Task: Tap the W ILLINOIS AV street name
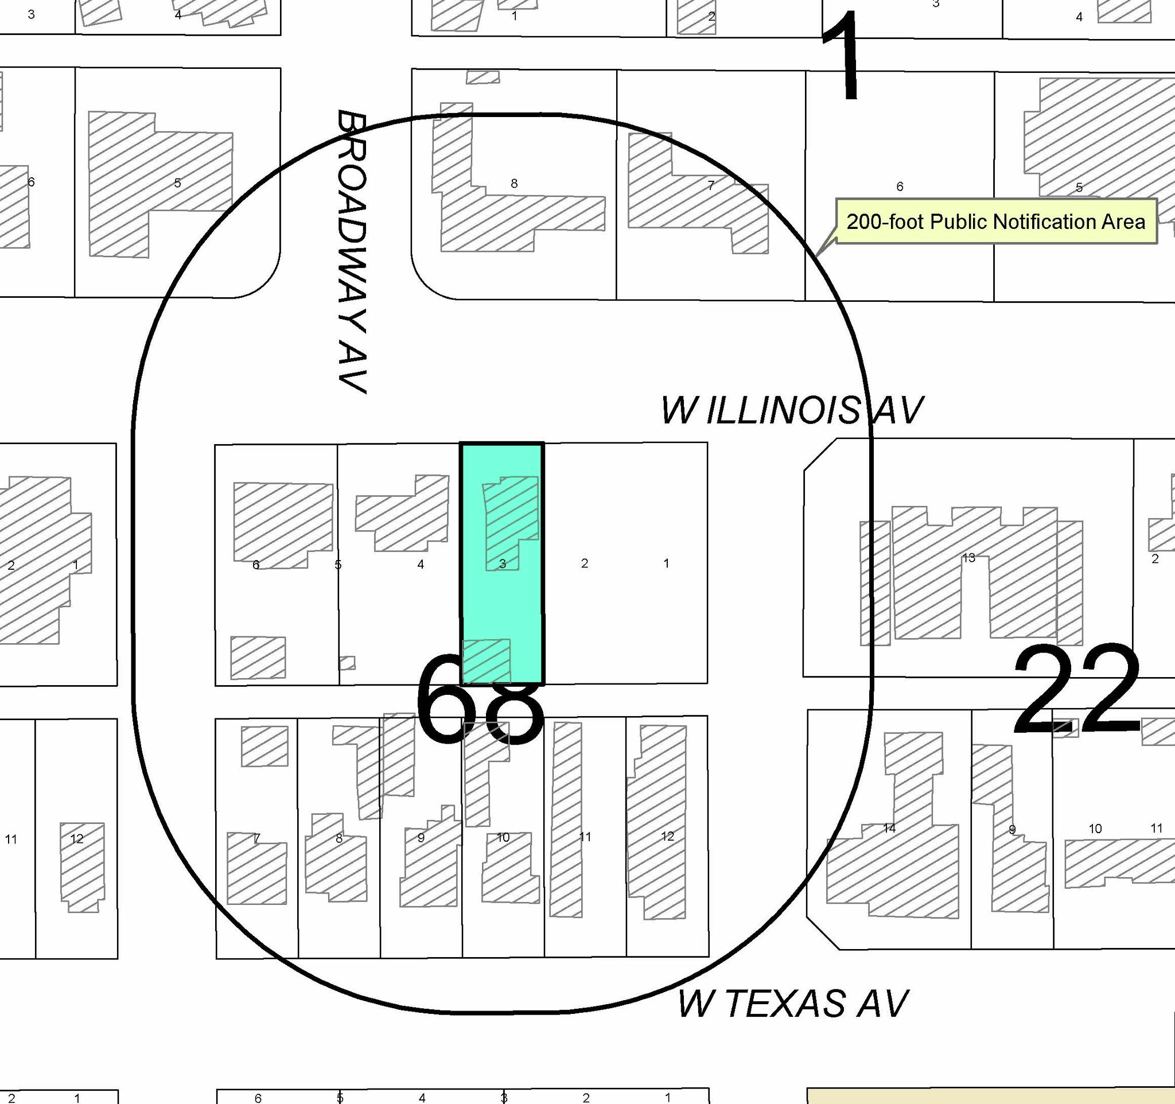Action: (x=791, y=410)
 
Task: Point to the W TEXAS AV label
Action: (x=792, y=1003)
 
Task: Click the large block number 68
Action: (x=480, y=699)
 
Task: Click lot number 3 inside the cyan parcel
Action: (x=503, y=564)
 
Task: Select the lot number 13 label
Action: (x=968, y=557)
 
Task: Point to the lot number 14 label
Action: (x=889, y=828)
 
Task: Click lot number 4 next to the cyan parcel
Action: (x=420, y=565)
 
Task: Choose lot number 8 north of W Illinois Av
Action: (x=514, y=184)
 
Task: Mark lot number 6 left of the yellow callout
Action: (x=900, y=186)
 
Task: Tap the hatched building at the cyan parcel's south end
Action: (x=486, y=661)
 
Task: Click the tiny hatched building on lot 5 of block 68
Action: (x=348, y=663)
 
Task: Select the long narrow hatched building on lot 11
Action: (x=566, y=820)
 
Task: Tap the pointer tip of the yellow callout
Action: (x=816, y=256)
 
